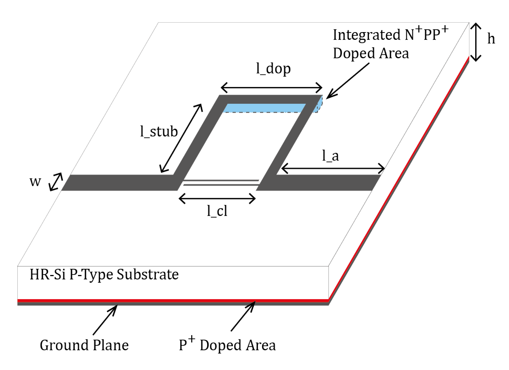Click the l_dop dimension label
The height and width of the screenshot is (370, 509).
click(x=273, y=69)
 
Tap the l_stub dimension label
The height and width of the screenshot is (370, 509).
click(x=159, y=131)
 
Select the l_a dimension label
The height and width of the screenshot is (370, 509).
click(x=330, y=156)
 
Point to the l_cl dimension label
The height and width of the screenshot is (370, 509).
click(x=217, y=211)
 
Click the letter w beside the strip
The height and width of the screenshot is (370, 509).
click(x=35, y=181)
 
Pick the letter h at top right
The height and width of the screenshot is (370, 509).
click(x=491, y=39)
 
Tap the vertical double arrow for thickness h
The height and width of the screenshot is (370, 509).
click(x=476, y=42)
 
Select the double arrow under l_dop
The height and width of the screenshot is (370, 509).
click(x=271, y=88)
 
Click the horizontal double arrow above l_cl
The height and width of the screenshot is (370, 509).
click(x=217, y=198)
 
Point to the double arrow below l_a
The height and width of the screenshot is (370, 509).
click(x=333, y=168)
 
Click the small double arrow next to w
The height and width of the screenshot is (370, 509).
click(x=56, y=182)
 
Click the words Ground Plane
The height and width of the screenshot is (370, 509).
click(x=84, y=345)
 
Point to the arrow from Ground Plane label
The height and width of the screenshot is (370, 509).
click(x=105, y=320)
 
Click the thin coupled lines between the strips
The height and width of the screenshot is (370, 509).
click(x=221, y=183)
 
